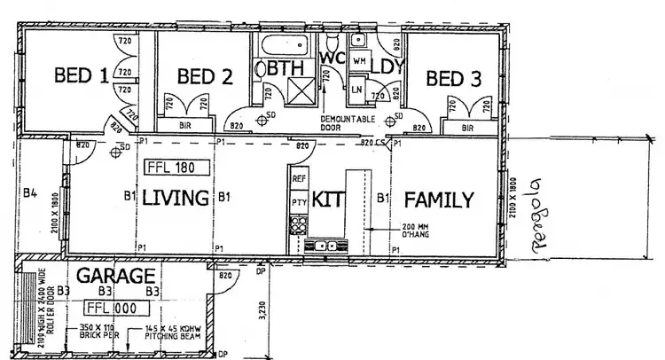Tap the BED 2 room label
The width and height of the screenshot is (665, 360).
(205, 77)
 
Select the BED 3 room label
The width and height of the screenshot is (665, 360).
(454, 78)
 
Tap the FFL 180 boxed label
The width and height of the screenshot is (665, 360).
(175, 167)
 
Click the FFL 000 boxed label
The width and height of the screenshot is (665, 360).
(113, 308)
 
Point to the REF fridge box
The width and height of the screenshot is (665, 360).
(299, 179)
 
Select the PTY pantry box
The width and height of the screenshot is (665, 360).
(299, 203)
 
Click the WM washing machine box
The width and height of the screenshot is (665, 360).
(359, 61)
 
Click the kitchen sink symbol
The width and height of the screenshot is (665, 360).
(324, 246)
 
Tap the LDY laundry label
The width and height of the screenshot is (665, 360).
(387, 67)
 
